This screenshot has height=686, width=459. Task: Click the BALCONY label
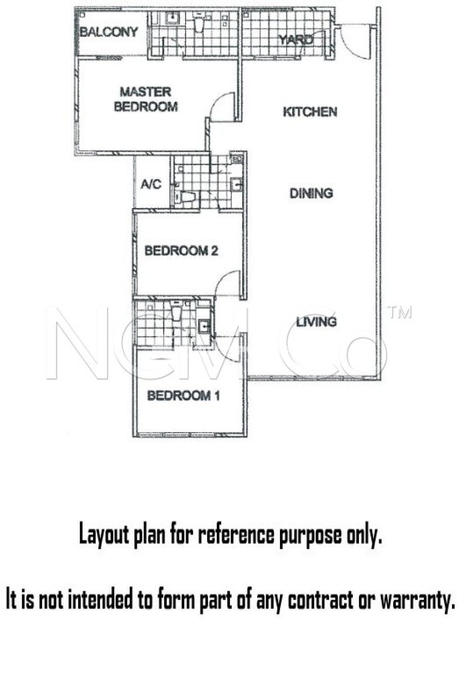(109, 32)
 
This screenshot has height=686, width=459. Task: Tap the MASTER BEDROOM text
(146, 99)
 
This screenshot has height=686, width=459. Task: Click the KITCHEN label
(310, 112)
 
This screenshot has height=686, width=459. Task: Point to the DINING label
(311, 193)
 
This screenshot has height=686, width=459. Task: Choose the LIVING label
(316, 322)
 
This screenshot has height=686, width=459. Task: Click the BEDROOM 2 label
(181, 251)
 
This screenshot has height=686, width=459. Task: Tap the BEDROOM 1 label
(183, 396)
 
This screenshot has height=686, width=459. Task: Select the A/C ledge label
(151, 184)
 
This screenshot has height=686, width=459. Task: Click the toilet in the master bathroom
(200, 24)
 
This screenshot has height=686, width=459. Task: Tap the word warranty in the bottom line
(417, 599)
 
